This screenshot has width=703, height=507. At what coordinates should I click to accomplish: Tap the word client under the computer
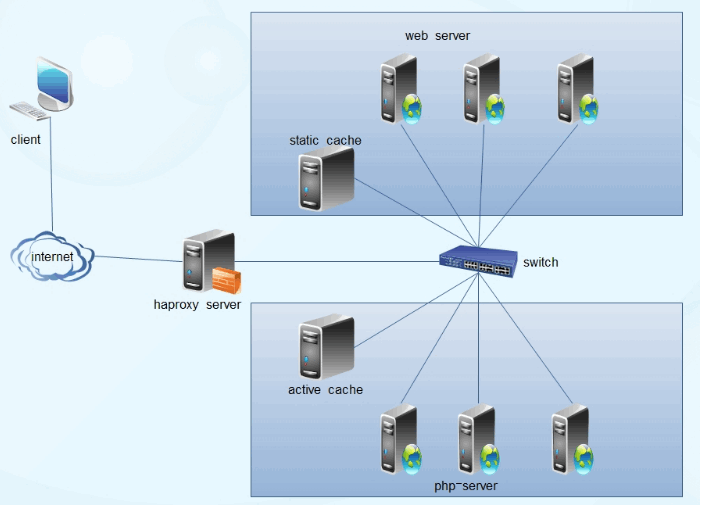(26, 140)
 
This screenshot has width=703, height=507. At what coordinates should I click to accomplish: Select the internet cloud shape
(52, 258)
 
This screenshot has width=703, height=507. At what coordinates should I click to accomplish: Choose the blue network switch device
(479, 262)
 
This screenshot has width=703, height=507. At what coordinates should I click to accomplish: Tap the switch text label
(541, 263)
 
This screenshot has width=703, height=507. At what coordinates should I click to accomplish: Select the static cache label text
(325, 141)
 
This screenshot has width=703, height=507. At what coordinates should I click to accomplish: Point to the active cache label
(325, 390)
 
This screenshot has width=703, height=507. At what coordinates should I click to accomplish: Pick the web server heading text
(437, 36)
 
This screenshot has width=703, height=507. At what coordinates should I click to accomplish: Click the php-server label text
(465, 486)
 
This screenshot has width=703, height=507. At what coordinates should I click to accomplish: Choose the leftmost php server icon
(398, 440)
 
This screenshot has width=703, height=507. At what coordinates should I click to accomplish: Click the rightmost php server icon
(570, 440)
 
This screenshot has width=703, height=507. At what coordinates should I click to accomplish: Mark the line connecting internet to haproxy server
(140, 259)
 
